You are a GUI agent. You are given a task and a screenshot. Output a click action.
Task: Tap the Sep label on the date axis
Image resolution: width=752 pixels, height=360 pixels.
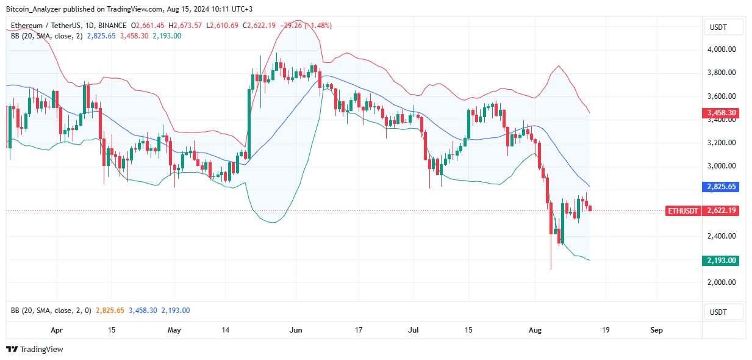(656, 330)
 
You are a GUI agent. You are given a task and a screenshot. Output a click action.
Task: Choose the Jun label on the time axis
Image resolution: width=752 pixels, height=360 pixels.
(296, 330)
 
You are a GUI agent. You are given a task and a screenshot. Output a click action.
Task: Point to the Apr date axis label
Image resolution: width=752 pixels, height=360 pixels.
(57, 330)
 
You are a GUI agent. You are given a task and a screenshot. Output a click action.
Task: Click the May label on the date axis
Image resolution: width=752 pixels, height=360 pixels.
(174, 330)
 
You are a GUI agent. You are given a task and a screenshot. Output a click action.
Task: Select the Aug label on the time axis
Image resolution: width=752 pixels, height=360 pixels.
(535, 330)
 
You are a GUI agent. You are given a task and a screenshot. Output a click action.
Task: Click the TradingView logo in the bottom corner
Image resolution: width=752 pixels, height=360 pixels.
(35, 350)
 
